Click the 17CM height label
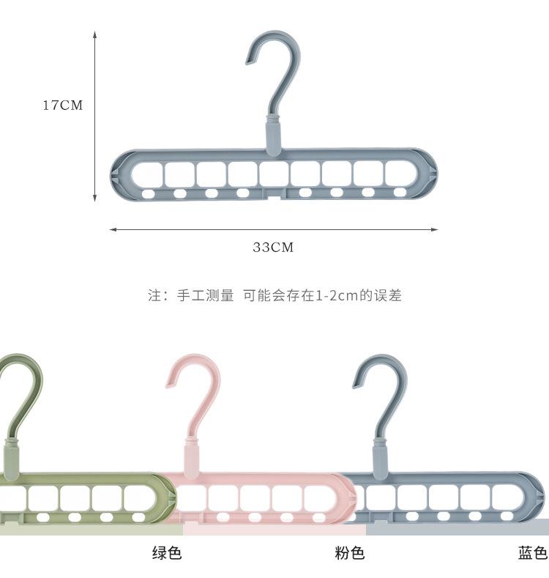tap(62, 105)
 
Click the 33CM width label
tap(273, 248)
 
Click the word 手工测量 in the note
tap(205, 296)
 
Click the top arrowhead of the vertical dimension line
tap(95, 34)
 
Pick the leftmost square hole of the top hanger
tap(149, 174)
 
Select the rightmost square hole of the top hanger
tap(399, 174)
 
